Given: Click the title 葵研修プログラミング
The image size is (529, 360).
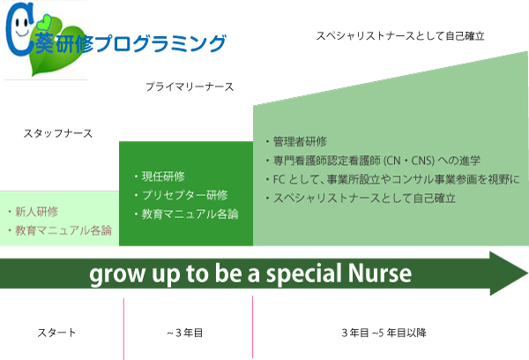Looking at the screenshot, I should [x=128, y=43].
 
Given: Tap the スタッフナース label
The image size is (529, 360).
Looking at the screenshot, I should [x=58, y=134].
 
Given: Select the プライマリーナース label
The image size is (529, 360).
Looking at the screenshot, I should [x=190, y=87].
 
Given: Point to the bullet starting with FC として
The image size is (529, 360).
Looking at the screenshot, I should [x=392, y=179].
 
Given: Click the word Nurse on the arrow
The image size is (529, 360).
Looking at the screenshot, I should [x=376, y=274].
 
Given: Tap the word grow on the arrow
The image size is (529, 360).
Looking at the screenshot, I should [x=115, y=274].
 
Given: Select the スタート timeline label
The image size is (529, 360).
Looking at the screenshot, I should [x=56, y=333].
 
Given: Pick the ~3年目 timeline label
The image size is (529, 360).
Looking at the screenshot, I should [x=185, y=333].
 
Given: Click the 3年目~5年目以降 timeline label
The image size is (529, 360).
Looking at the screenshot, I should [x=384, y=333].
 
